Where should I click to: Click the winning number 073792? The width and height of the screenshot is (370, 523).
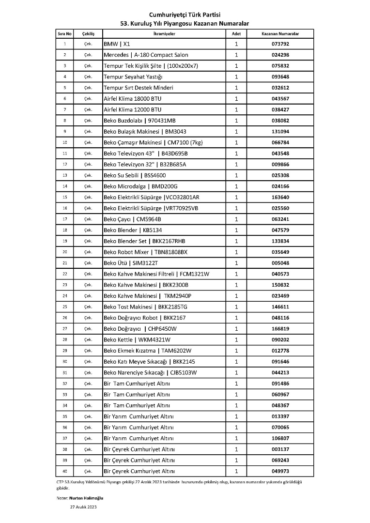[280, 44]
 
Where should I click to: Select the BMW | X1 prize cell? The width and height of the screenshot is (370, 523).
[114, 44]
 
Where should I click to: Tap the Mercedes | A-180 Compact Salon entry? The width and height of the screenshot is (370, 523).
[146, 55]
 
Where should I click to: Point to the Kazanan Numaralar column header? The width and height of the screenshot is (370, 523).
[280, 34]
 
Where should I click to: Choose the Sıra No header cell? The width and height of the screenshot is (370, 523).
[65, 34]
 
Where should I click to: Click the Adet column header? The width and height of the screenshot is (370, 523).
[236, 34]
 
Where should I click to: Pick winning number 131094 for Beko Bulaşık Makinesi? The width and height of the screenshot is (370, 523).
[280, 132]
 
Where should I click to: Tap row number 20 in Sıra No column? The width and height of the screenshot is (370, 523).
[65, 252]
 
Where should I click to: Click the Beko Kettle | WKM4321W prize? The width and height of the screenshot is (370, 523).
[137, 339]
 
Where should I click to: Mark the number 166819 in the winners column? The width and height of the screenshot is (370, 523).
[280, 329]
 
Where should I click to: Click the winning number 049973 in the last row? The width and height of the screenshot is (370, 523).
[280, 471]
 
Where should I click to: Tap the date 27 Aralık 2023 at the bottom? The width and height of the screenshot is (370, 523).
[85, 508]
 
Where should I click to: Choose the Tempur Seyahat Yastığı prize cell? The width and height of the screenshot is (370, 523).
[133, 77]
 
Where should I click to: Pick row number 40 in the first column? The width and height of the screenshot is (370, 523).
[65, 471]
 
